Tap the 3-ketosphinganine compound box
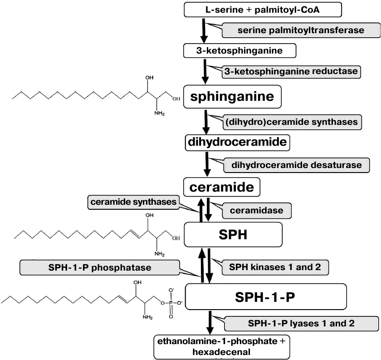click(239, 50)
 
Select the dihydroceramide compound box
click(237, 143)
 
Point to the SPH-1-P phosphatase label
click(99, 267)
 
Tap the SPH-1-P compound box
click(266, 296)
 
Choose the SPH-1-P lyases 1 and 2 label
click(301, 324)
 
